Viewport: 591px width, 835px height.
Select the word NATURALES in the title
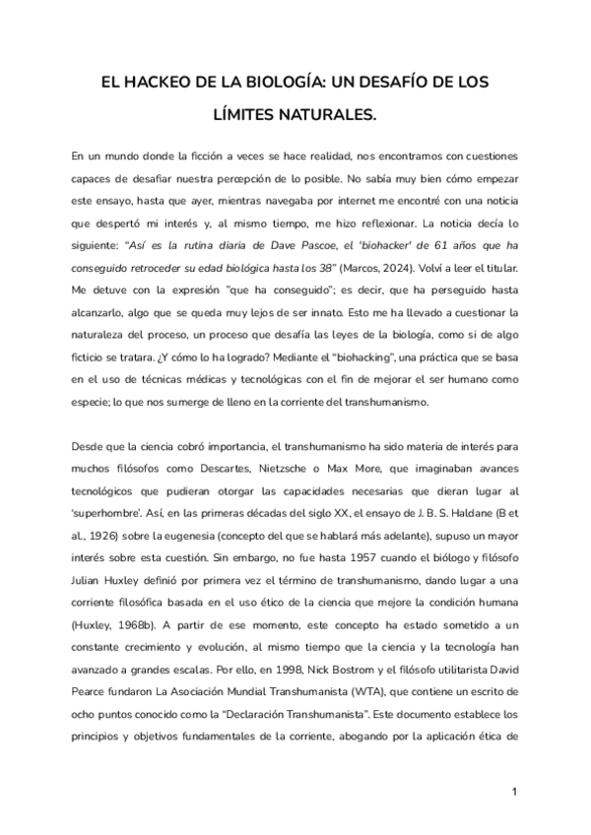click(x=330, y=115)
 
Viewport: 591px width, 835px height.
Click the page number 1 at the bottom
click(x=514, y=793)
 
